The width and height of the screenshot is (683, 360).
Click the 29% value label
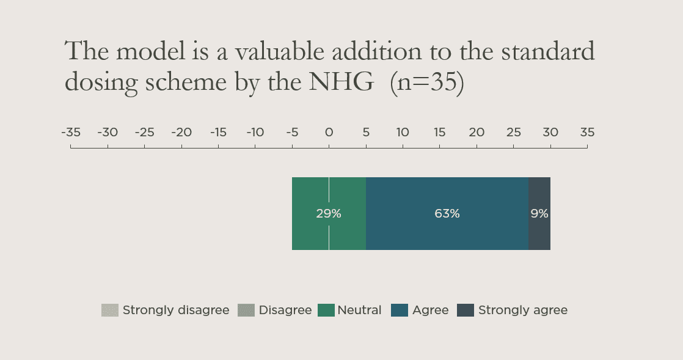click(x=329, y=214)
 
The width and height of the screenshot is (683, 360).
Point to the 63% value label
click(x=447, y=214)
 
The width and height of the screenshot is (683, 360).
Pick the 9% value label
click(x=539, y=214)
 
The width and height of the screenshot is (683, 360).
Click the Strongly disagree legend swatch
click(x=109, y=310)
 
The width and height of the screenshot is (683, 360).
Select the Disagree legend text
click(x=285, y=310)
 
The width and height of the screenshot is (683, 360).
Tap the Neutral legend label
click(x=359, y=310)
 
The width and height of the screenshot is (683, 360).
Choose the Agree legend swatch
click(x=400, y=310)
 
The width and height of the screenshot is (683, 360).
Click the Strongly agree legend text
click(x=522, y=310)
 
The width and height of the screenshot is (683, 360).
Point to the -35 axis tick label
click(x=71, y=132)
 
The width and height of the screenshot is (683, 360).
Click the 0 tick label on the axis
click(x=329, y=132)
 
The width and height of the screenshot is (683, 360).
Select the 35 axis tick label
click(x=587, y=132)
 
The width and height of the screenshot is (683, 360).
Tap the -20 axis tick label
click(x=181, y=132)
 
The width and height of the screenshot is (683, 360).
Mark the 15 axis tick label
click(x=439, y=132)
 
